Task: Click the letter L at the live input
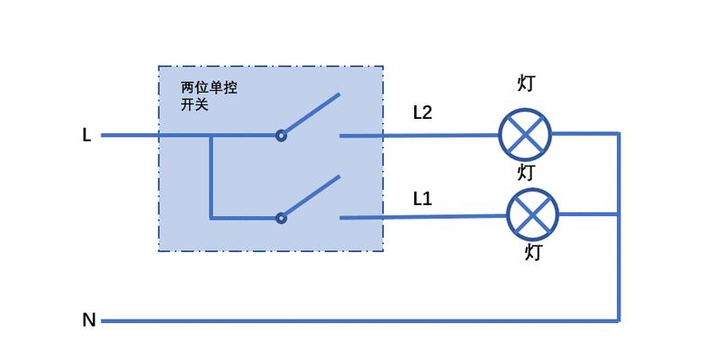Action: [x=86, y=135]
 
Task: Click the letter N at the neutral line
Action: [x=89, y=320]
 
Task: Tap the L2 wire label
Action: [x=422, y=112]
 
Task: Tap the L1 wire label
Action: [x=422, y=199]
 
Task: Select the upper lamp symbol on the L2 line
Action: [x=525, y=135]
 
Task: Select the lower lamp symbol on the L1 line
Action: [x=532, y=214]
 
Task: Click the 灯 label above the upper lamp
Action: [x=526, y=84]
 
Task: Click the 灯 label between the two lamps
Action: [x=526, y=173]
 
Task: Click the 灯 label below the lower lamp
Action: [x=533, y=252]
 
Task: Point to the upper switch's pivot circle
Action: [x=281, y=135]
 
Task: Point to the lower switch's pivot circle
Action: [x=281, y=219]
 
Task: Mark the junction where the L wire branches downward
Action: [x=211, y=135]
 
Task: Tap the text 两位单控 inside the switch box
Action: [x=209, y=87]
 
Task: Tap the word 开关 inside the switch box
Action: [x=195, y=104]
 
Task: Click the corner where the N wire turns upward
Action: [x=619, y=320]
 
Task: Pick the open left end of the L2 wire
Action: [x=340, y=136]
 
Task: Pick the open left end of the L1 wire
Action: [x=340, y=218]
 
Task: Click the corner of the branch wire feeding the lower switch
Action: [x=211, y=219]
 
